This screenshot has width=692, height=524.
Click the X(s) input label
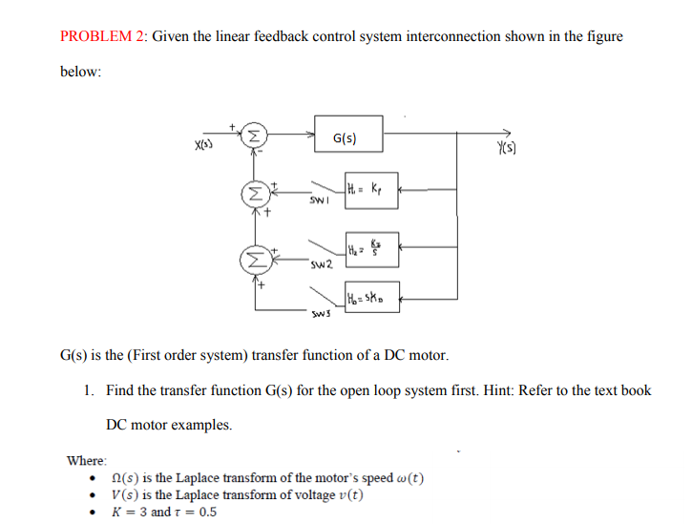[203, 144]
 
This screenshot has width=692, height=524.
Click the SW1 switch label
[318, 202]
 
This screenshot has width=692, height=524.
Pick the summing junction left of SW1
[253, 192]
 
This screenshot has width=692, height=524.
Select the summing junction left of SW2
[253, 258]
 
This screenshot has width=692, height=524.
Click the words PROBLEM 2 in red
[102, 36]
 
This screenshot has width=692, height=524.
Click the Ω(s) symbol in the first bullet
[126, 477]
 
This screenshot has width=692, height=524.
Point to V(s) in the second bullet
[125, 494]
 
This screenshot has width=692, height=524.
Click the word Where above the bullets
[87, 460]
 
